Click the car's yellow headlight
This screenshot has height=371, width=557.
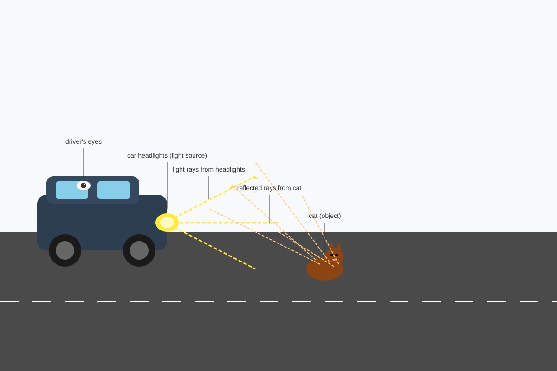pos(167,223)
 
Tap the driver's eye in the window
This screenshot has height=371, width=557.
pos(83,185)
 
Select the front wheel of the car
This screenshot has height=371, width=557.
pos(139,250)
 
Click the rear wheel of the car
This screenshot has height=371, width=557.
pos(65,250)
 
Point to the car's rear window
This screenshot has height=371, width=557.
pos(72,190)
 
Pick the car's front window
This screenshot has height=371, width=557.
pos(114,190)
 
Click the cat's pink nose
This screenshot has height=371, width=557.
pos(334,260)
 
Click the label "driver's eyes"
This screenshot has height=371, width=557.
pos(84,141)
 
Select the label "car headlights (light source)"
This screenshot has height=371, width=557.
pos(167,155)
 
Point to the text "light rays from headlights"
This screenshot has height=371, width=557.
pos(209,169)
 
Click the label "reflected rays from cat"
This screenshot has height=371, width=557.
pos(269,188)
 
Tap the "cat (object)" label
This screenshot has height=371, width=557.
pos(325,216)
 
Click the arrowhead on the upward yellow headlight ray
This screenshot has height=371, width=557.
pos(255,177)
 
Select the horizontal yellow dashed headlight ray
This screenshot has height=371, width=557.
pos(228,223)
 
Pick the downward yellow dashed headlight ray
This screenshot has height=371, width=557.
pos(217,249)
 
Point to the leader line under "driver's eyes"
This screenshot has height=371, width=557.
pos(84,162)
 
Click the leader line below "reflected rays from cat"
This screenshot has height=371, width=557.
pos(269,209)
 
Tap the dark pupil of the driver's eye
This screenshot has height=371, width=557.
pos(84,185)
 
